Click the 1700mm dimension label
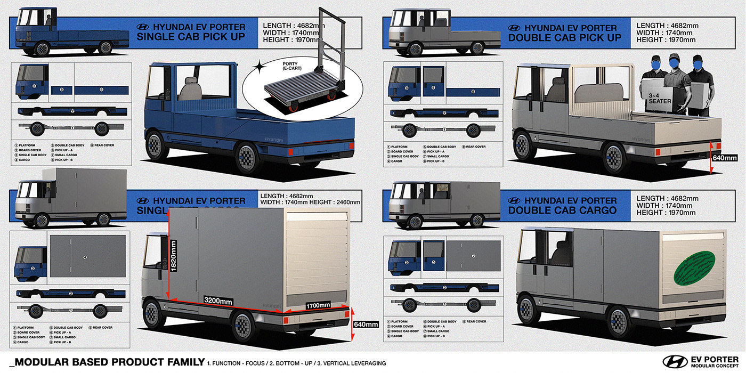click(318, 305)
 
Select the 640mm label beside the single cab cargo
click(366, 324)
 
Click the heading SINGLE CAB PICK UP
click(191, 37)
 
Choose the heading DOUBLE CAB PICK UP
click(565, 37)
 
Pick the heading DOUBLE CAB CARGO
click(562, 210)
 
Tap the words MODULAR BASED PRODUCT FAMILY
click(107, 362)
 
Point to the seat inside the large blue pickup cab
click(189, 88)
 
